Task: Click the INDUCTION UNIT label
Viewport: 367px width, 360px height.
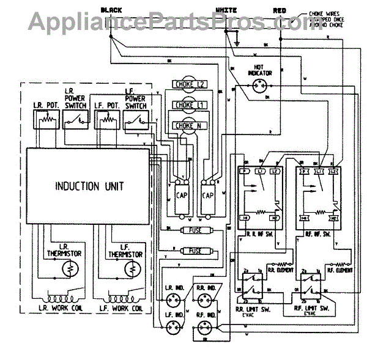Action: click(x=87, y=185)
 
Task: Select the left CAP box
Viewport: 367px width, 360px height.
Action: click(x=182, y=196)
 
